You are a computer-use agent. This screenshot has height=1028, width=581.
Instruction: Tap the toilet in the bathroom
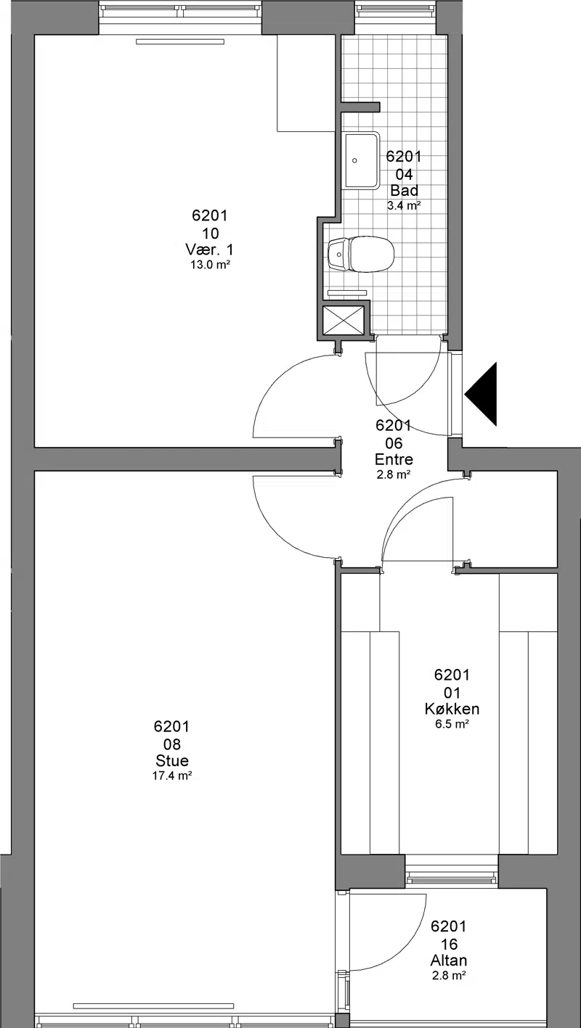[362, 253]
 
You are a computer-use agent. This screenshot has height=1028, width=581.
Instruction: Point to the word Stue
[172, 760]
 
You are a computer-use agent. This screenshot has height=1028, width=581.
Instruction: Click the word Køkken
[452, 709]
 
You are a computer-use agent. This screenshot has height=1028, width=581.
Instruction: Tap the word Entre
[394, 459]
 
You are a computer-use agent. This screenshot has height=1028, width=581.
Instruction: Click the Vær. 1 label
[209, 250]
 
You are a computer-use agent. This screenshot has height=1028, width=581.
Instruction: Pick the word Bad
[405, 190]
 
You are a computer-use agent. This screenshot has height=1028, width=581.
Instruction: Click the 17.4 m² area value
[172, 776]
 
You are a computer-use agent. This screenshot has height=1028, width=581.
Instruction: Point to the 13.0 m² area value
[210, 265]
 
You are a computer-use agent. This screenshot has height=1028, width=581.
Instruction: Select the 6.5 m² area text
[452, 724]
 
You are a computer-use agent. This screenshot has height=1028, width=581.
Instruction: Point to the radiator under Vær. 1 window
[180, 42]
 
